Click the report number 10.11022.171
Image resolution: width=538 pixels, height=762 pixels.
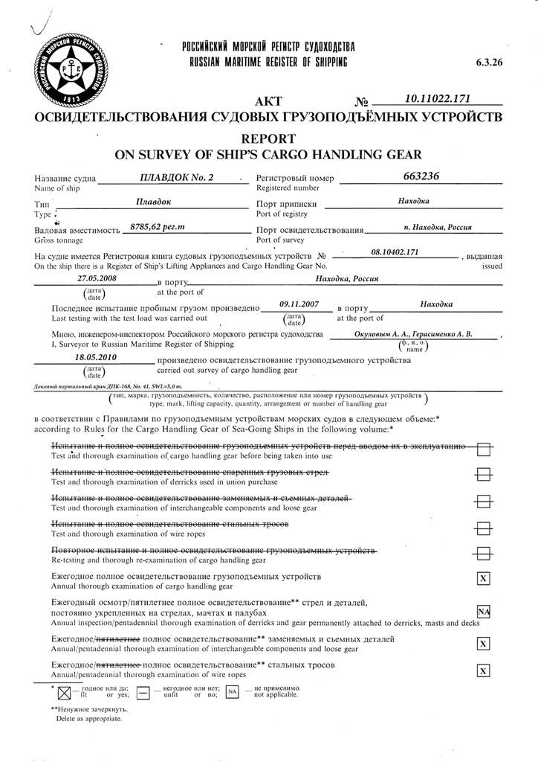pos(437,98)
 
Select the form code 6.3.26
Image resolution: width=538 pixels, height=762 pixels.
pos(489,63)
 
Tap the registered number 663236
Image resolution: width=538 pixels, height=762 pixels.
pos(421,176)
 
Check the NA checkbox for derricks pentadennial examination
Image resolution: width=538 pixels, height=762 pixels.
pos(483,612)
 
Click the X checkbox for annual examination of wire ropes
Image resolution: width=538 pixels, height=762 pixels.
pos(483,671)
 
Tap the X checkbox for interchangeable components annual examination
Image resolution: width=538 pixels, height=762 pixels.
pos(483,644)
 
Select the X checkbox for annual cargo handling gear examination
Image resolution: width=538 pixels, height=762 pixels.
pos(483,578)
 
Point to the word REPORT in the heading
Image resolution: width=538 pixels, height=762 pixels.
pos(268,138)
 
